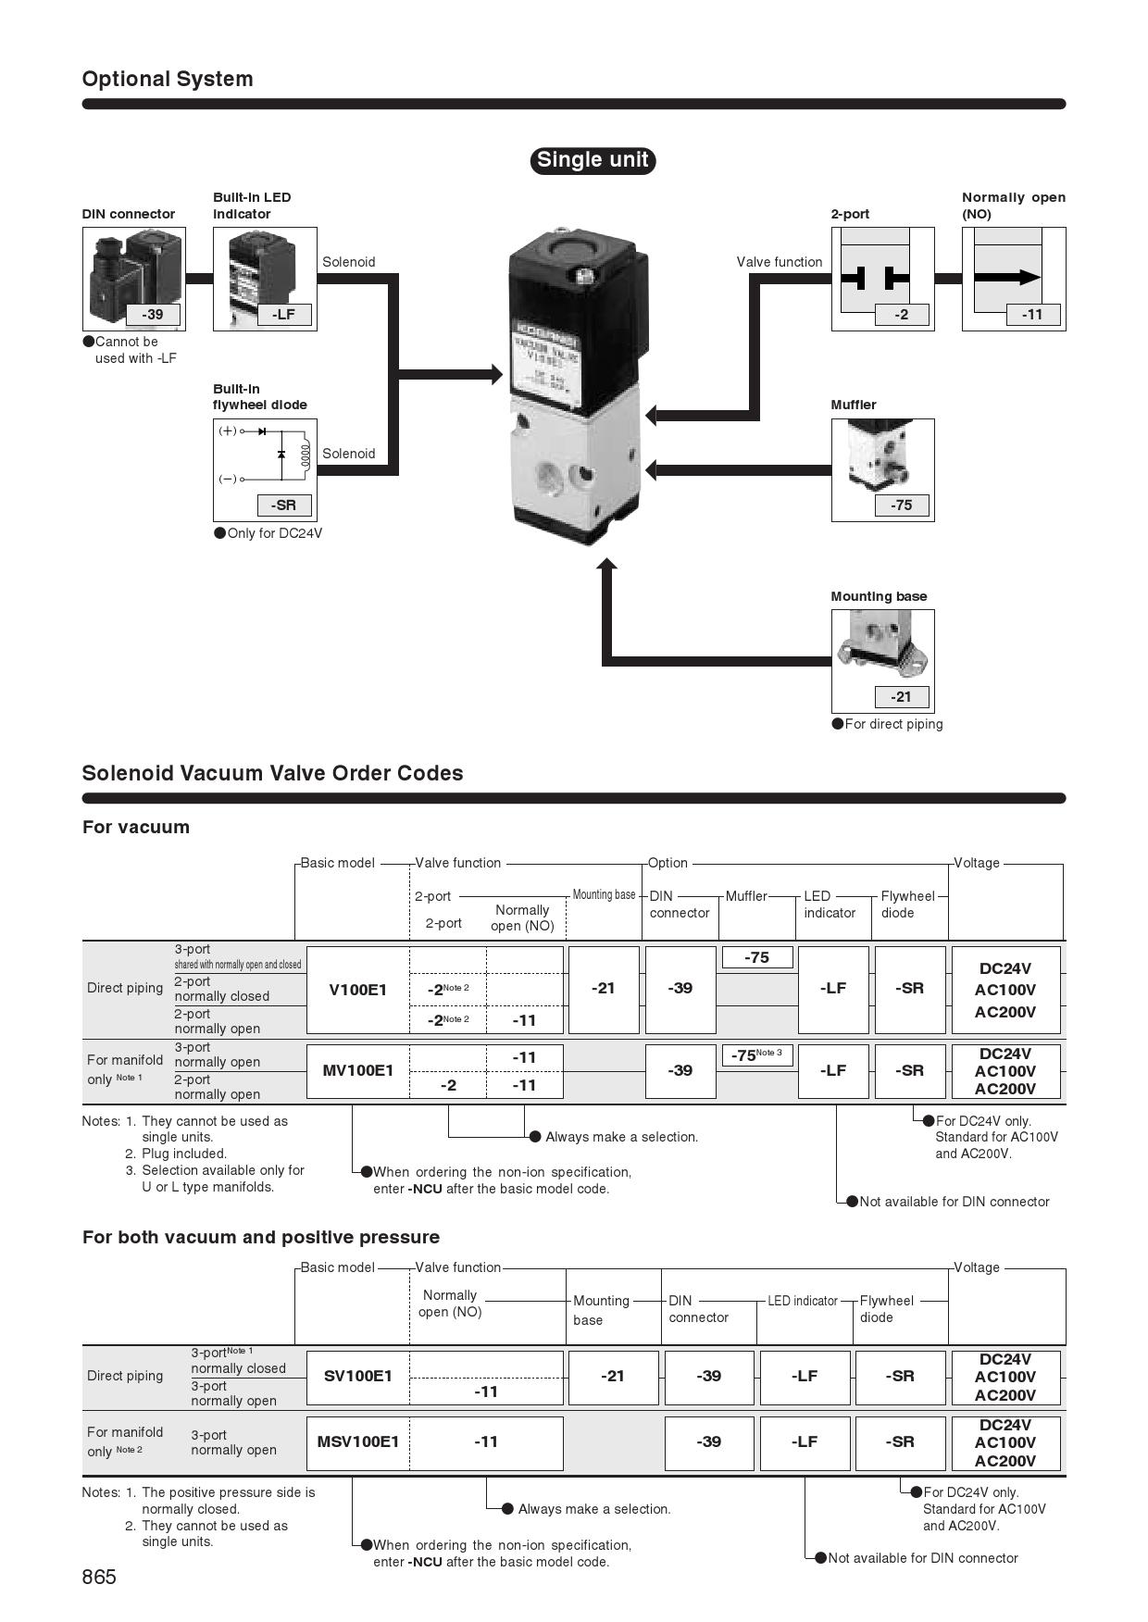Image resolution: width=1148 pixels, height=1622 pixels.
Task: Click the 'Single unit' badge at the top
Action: point(593,160)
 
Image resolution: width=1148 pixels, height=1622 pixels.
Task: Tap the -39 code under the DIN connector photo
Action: point(153,315)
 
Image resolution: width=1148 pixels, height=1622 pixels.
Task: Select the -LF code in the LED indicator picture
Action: point(283,315)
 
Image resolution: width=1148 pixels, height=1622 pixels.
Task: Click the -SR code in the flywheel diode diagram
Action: point(283,505)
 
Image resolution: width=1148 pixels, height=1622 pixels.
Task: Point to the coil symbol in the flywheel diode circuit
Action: point(306,455)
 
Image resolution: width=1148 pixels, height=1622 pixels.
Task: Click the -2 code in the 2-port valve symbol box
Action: point(902,315)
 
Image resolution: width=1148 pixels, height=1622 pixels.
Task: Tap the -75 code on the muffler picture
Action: point(902,505)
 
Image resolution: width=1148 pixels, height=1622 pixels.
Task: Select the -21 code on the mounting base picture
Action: point(902,697)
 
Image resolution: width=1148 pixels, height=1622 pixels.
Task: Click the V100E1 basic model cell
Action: point(358,990)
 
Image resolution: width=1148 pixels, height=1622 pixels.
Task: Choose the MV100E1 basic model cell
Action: point(358,1071)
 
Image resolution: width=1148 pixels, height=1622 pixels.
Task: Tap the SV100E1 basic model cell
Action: point(358,1377)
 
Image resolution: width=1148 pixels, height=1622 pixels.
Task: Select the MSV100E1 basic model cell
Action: point(358,1442)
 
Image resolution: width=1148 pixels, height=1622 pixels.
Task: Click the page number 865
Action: point(99,1578)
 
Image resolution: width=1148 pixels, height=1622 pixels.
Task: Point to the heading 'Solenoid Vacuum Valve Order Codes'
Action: point(272,773)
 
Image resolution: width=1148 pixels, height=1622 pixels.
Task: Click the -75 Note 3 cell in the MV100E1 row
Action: point(756,1055)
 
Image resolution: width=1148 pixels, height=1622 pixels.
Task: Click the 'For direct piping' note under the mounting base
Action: point(892,724)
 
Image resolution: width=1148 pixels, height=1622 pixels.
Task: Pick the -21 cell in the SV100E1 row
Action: point(613,1377)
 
